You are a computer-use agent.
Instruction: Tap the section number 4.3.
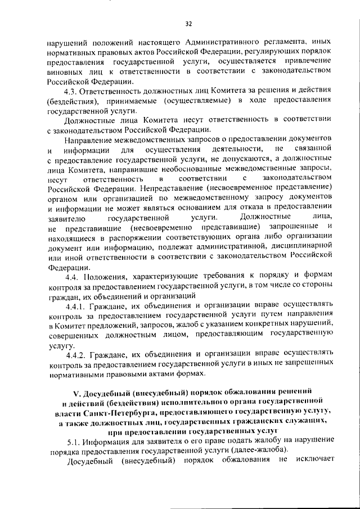point(73,91)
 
